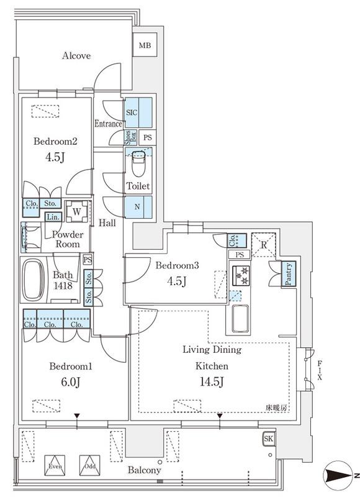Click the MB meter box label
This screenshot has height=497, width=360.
145,45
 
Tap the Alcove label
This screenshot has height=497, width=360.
76,56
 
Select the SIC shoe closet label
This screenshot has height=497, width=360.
132,112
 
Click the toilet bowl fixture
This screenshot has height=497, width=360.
138,163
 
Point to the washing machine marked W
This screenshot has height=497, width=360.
76,211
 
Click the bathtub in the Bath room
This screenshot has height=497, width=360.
34,280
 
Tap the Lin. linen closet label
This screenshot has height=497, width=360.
53,217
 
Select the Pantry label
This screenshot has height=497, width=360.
289,274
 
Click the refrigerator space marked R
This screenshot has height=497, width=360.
263,245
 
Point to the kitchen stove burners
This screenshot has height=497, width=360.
241,275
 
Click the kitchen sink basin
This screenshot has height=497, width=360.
241,318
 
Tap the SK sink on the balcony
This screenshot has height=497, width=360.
269,439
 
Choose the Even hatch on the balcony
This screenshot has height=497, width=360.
55,465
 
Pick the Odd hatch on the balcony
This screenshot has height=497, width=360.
90,465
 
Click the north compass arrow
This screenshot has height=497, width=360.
338,475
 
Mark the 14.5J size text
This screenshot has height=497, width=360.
212,381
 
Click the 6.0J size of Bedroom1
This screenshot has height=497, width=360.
71,382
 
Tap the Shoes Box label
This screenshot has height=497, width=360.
131,138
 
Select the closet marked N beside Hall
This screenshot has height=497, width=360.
138,207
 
